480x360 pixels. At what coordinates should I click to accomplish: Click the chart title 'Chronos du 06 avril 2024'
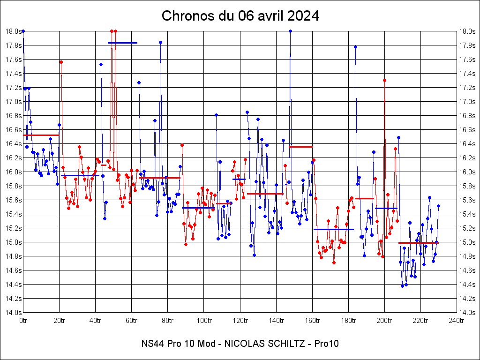click(x=240, y=16)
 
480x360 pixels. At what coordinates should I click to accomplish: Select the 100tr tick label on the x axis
click(x=203, y=321)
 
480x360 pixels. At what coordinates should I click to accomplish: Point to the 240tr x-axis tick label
click(x=456, y=321)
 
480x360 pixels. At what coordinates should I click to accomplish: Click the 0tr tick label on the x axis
click(x=23, y=321)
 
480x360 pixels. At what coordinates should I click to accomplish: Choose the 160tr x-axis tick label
click(x=312, y=321)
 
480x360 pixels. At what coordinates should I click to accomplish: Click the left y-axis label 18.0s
click(x=13, y=31)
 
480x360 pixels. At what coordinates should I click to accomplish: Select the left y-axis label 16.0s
click(x=13, y=172)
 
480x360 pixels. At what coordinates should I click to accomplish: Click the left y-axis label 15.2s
click(x=13, y=228)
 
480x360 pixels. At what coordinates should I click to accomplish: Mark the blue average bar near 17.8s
click(x=122, y=43)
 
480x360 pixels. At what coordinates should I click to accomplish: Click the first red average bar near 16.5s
click(x=41, y=135)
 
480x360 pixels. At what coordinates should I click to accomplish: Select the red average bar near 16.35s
click(x=300, y=147)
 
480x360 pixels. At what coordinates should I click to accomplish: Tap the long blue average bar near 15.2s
click(x=333, y=229)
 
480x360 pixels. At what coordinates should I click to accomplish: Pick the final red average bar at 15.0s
click(x=418, y=243)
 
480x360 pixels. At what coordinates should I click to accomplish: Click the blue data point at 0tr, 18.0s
click(x=23, y=31)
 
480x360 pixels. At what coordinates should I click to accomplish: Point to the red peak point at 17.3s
click(x=384, y=80)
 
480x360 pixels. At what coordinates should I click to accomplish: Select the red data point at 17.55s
click(x=61, y=62)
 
